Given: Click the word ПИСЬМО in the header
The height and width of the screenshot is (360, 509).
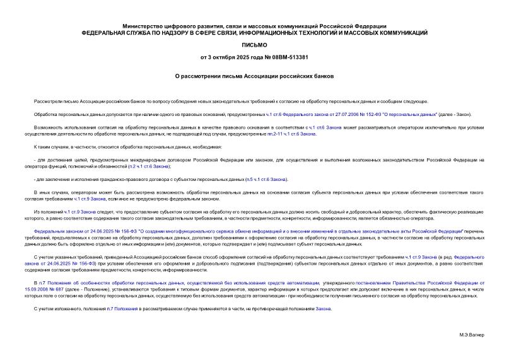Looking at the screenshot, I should pyautogui.click(x=254, y=45).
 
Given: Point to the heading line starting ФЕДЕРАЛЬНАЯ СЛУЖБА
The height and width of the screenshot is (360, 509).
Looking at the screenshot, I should pyautogui.click(x=254, y=32).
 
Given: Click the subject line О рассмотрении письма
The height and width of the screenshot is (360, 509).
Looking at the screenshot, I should pyautogui.click(x=254, y=77).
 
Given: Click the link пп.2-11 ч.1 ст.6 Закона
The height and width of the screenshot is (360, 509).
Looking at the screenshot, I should pyautogui.click(x=288, y=134).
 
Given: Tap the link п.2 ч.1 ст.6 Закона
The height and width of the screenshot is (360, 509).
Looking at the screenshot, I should pyautogui.click(x=149, y=166).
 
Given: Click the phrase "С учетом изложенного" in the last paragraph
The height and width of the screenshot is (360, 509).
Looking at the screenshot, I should pyautogui.click(x=57, y=309).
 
